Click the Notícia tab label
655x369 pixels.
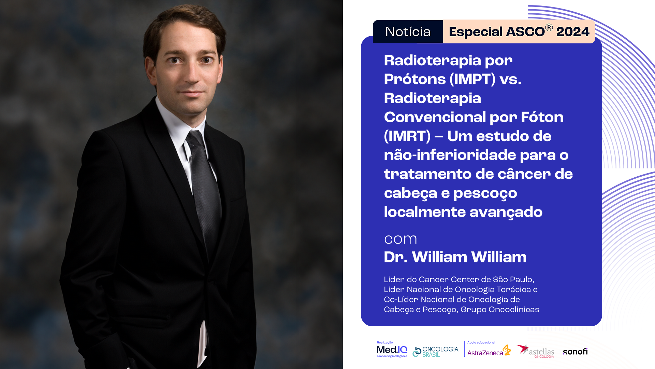[408, 32]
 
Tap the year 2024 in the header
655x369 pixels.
[573, 32]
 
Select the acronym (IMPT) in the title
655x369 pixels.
[472, 79]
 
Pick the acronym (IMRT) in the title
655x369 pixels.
[407, 136]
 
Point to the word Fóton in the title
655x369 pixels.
[542, 117]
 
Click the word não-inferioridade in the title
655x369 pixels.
[450, 155]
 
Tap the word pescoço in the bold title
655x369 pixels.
[485, 193]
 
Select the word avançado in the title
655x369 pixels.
[506, 212]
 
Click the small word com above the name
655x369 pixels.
[401, 239]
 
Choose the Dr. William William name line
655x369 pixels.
[455, 257]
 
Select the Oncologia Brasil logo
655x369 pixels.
[435, 352]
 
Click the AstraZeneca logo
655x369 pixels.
[489, 351]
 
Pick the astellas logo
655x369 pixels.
[535, 351]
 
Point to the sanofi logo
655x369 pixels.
[575, 352]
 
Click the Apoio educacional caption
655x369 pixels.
[481, 342]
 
